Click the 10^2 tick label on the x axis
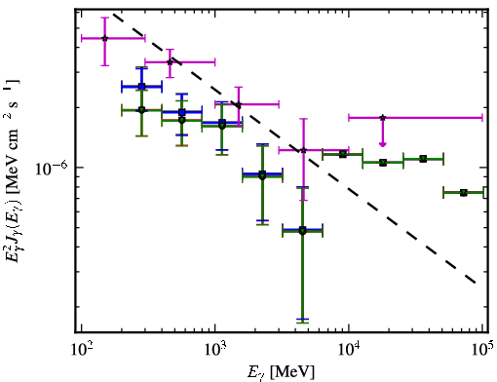pos(82,350)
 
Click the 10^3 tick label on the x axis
pos(215,350)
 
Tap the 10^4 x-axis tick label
pos(349,350)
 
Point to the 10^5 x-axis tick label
pos(483,350)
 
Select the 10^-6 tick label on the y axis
pos(51,168)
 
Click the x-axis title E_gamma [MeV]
pos(281,372)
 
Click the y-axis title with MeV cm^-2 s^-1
pos(13,171)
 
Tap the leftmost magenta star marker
pos(104,38)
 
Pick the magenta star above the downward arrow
pos(383,118)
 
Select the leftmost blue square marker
pos(141,87)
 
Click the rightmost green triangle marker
pos(464,193)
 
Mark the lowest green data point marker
pos(302,231)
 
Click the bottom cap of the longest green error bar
pos(302,323)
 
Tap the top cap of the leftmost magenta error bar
pos(104,18)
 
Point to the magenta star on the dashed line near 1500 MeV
pos(239,104)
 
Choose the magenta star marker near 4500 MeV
pos(303,150)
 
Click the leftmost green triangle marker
pos(141,110)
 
